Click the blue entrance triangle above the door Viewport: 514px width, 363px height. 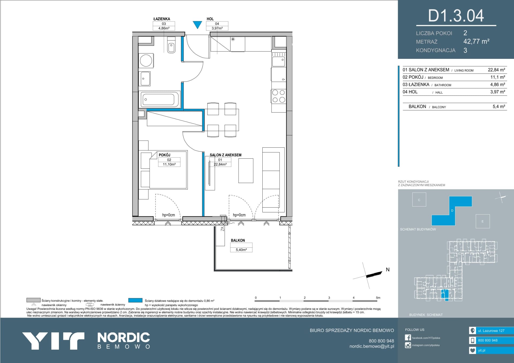tap(197, 25)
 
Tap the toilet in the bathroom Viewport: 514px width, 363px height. tap(171, 45)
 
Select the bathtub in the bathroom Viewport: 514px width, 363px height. tap(159, 99)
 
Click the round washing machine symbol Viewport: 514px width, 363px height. tap(146, 60)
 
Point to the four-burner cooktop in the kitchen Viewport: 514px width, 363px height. tap(279, 96)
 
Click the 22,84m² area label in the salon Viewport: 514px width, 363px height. tap(220, 164)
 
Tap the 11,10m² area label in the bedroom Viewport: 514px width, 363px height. tap(169, 164)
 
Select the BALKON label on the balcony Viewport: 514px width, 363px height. tap(238, 240)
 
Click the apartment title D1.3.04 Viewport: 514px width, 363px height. tap(456, 16)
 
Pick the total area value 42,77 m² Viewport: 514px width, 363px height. tap(477, 41)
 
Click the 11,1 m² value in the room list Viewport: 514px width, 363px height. tap(498, 77)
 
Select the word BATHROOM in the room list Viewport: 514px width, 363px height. tap(443, 85)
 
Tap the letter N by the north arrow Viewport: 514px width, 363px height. tap(388, 269)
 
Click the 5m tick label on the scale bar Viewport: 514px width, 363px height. tap(378, 297)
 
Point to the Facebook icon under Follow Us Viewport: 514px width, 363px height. tap(408, 338)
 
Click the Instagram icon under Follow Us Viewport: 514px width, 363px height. tap(408, 345)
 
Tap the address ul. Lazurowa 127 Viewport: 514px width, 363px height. tap(491, 331)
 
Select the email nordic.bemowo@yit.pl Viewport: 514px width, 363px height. tap(372, 346)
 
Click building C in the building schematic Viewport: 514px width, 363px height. tap(419, 200)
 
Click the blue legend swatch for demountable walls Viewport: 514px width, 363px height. tap(135, 300)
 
